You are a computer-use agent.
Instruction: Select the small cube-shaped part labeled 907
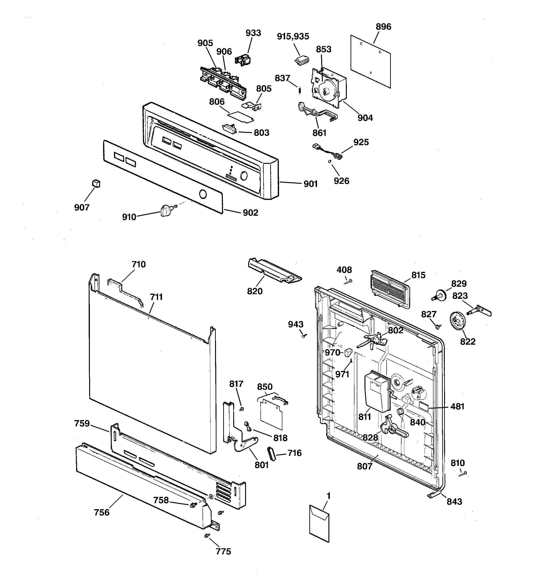point(96,183)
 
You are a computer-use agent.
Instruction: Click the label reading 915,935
point(293,37)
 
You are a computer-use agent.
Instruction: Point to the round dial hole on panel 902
point(203,194)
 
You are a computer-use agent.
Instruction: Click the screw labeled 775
point(207,536)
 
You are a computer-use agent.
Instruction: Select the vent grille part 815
point(390,289)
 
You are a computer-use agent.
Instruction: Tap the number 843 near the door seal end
point(454,502)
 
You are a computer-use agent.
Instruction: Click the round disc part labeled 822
point(457,320)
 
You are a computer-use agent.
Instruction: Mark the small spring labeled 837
point(300,90)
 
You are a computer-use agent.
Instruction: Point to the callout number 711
point(156,297)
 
